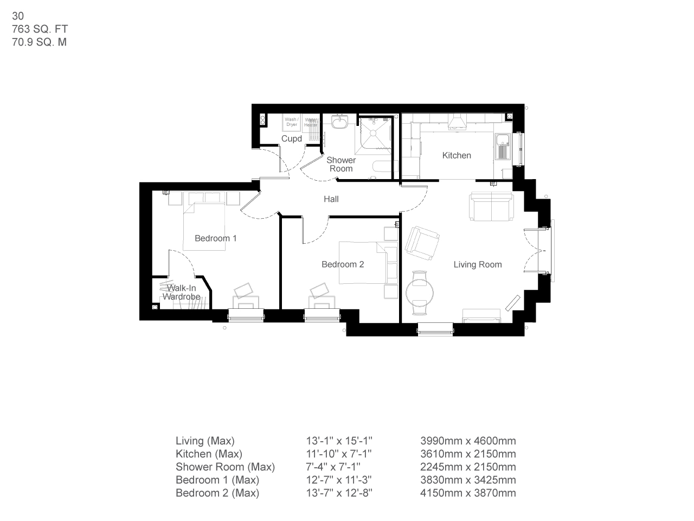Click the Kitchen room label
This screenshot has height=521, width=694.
click(x=457, y=155)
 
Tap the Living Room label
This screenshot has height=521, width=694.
click(x=478, y=264)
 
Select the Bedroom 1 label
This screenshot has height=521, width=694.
click(x=215, y=238)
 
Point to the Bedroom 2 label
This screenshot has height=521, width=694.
click(x=343, y=264)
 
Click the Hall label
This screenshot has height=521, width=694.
click(x=331, y=199)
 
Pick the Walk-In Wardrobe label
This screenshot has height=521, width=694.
click(x=181, y=293)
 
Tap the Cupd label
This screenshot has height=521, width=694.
click(x=291, y=139)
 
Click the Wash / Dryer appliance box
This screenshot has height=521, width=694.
click(x=291, y=122)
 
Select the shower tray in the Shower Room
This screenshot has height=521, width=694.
click(x=374, y=133)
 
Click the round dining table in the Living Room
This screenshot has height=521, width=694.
click(x=420, y=293)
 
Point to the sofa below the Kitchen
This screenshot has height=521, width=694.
click(x=491, y=206)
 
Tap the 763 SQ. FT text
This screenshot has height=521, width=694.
click(x=40, y=29)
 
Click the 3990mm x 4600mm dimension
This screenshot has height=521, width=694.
click(x=468, y=441)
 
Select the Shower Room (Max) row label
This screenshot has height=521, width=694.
click(x=225, y=467)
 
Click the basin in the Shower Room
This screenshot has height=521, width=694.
click(x=340, y=123)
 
